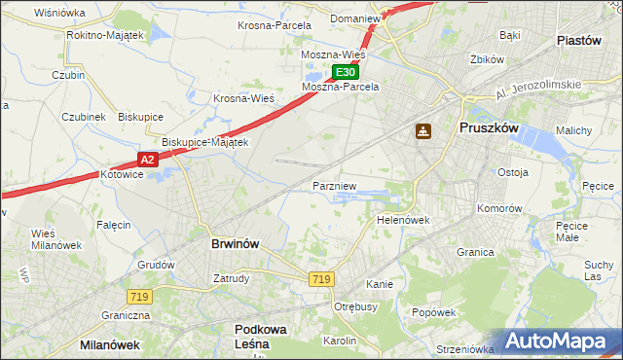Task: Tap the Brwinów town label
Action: coord(235,244)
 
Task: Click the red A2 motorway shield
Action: coord(146,159)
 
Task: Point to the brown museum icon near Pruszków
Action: coord(424,131)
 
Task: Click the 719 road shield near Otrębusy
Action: coord(321,279)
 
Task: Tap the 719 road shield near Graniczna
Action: coord(136,295)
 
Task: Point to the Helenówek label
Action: coord(403,220)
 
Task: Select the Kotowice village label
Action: coord(122,175)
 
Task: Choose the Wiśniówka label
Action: coord(59,13)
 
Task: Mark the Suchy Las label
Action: coord(599,270)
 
